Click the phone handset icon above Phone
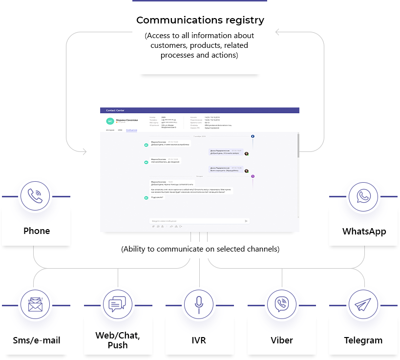coord(35,196)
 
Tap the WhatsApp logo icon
coord(363,196)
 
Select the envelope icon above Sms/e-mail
coord(35,304)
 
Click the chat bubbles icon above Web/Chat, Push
coord(117,304)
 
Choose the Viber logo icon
coord(281,304)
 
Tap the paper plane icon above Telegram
coord(363,304)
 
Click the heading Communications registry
coord(200,21)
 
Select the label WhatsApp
coord(364,231)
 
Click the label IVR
coord(199,340)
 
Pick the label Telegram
coord(363,340)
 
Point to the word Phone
coord(37,231)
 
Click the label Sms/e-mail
coord(37,340)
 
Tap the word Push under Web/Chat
coord(118,345)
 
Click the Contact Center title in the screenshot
coord(115,111)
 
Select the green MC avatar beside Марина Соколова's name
coord(110,121)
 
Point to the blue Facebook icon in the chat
coord(253,136)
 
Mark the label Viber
coord(282,340)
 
